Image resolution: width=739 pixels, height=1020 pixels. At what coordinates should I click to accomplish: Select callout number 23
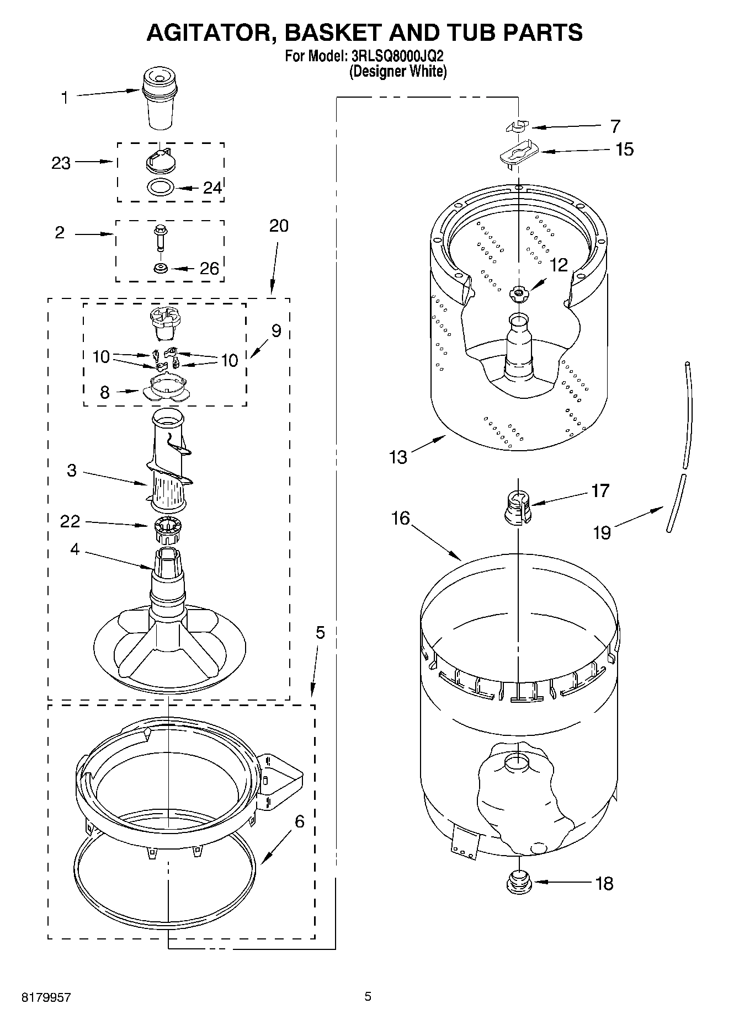pos(61,163)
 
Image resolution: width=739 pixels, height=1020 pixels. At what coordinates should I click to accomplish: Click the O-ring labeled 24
pos(161,187)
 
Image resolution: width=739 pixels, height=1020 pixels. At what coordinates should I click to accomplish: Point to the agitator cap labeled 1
pos(159,98)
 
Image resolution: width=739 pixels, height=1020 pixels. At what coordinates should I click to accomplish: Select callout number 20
pos(279,226)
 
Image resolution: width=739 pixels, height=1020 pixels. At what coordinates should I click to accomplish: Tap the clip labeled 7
pos(516,127)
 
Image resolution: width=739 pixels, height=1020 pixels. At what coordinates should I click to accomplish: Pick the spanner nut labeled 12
pos(518,293)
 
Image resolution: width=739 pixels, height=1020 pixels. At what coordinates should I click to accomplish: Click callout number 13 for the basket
pos(398,457)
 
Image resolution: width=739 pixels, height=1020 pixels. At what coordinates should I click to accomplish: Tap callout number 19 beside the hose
pos(602,532)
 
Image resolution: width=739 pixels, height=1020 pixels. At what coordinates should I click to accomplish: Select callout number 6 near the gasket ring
pos(299,822)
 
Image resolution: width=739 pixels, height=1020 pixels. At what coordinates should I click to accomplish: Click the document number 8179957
pos(46,997)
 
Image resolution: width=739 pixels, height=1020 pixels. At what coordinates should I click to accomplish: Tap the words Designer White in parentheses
pos(398,71)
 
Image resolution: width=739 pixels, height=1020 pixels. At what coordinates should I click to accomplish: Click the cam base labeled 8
pos(165,386)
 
